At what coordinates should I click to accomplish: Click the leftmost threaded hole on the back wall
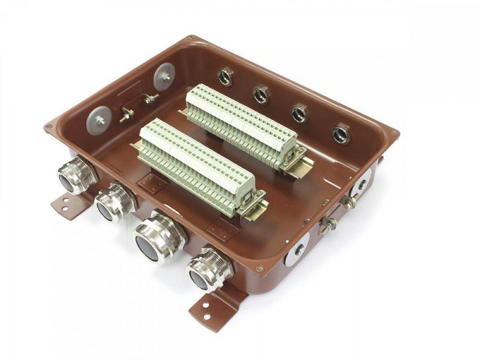tap(226, 76)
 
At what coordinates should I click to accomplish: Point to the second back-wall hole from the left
tap(261, 94)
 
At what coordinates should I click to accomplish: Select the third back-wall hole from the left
tap(299, 113)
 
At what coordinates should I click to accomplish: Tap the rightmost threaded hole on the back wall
tap(341, 133)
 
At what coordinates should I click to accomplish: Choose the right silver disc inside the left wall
tap(164, 77)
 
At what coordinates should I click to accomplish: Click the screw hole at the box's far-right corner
tap(394, 133)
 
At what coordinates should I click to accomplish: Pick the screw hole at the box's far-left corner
tap(48, 127)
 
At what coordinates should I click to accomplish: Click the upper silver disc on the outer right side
tap(362, 182)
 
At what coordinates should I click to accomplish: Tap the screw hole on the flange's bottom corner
tap(259, 269)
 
